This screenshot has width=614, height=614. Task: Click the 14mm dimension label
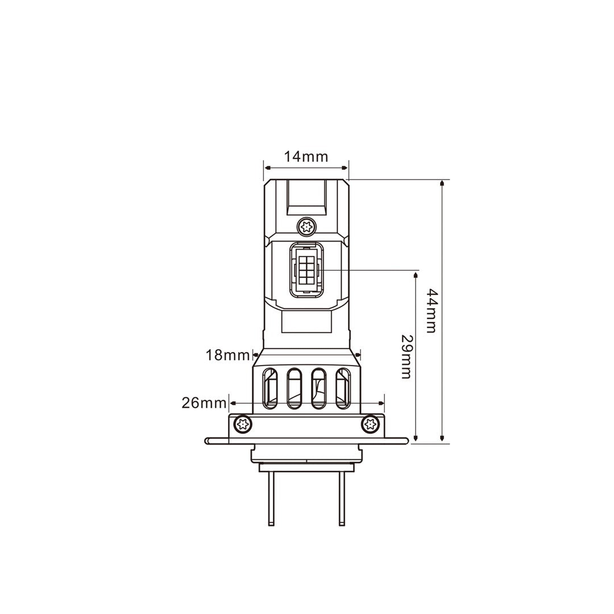(x=306, y=157)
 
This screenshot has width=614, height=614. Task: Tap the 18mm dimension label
(x=227, y=355)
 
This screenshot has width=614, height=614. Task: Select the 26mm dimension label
(x=204, y=403)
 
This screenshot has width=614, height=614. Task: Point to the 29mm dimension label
(x=406, y=356)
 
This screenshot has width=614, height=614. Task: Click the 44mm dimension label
(x=431, y=311)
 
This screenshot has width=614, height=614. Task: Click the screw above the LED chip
(x=306, y=226)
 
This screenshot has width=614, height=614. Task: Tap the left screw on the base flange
(x=243, y=424)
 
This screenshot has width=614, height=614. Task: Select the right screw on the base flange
(x=370, y=424)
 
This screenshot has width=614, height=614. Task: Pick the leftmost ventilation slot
(x=270, y=388)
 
